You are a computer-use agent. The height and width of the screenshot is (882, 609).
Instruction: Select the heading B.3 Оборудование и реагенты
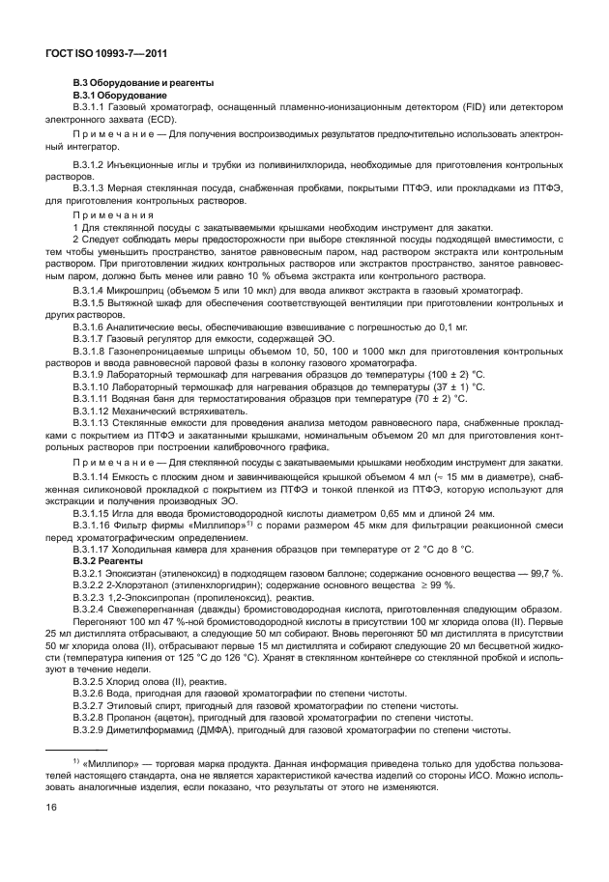[x=144, y=84]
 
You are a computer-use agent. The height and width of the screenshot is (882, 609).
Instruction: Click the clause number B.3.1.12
[x=97, y=409]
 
